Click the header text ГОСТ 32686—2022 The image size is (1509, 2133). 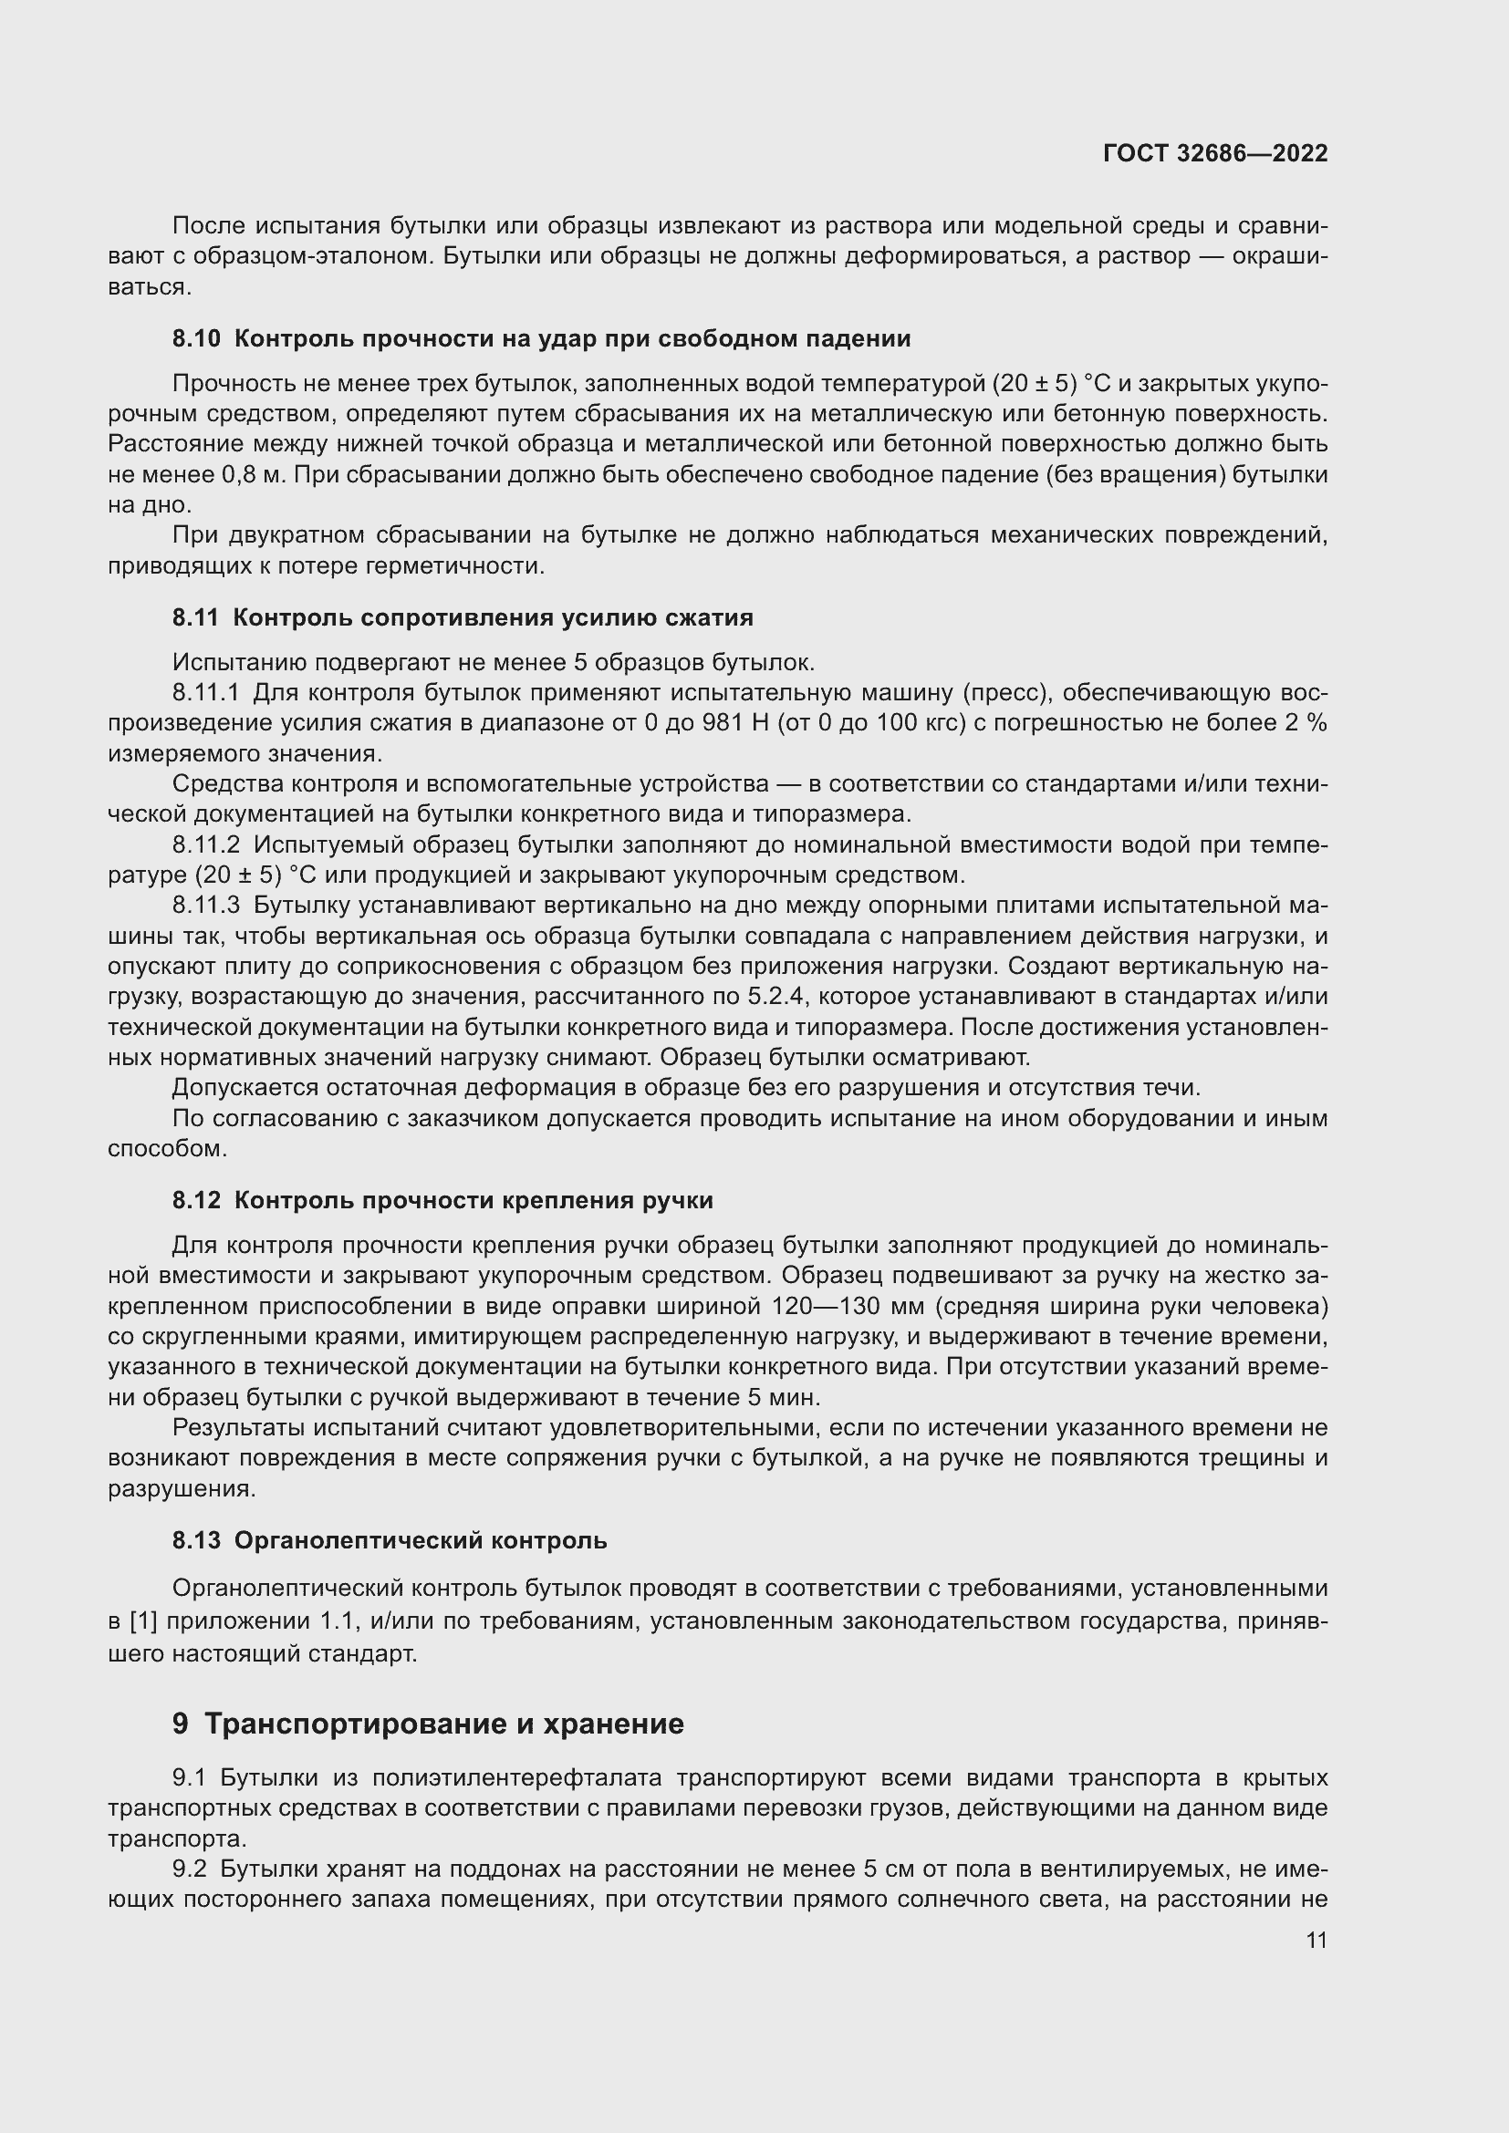click(x=1214, y=153)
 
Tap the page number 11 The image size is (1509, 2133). click(x=1316, y=1940)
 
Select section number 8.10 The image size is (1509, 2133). click(x=196, y=339)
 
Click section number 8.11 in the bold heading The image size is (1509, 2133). click(x=195, y=617)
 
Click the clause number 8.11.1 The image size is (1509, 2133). click(x=205, y=692)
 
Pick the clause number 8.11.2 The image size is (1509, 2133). click(x=205, y=844)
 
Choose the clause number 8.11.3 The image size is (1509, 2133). click(x=205, y=905)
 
